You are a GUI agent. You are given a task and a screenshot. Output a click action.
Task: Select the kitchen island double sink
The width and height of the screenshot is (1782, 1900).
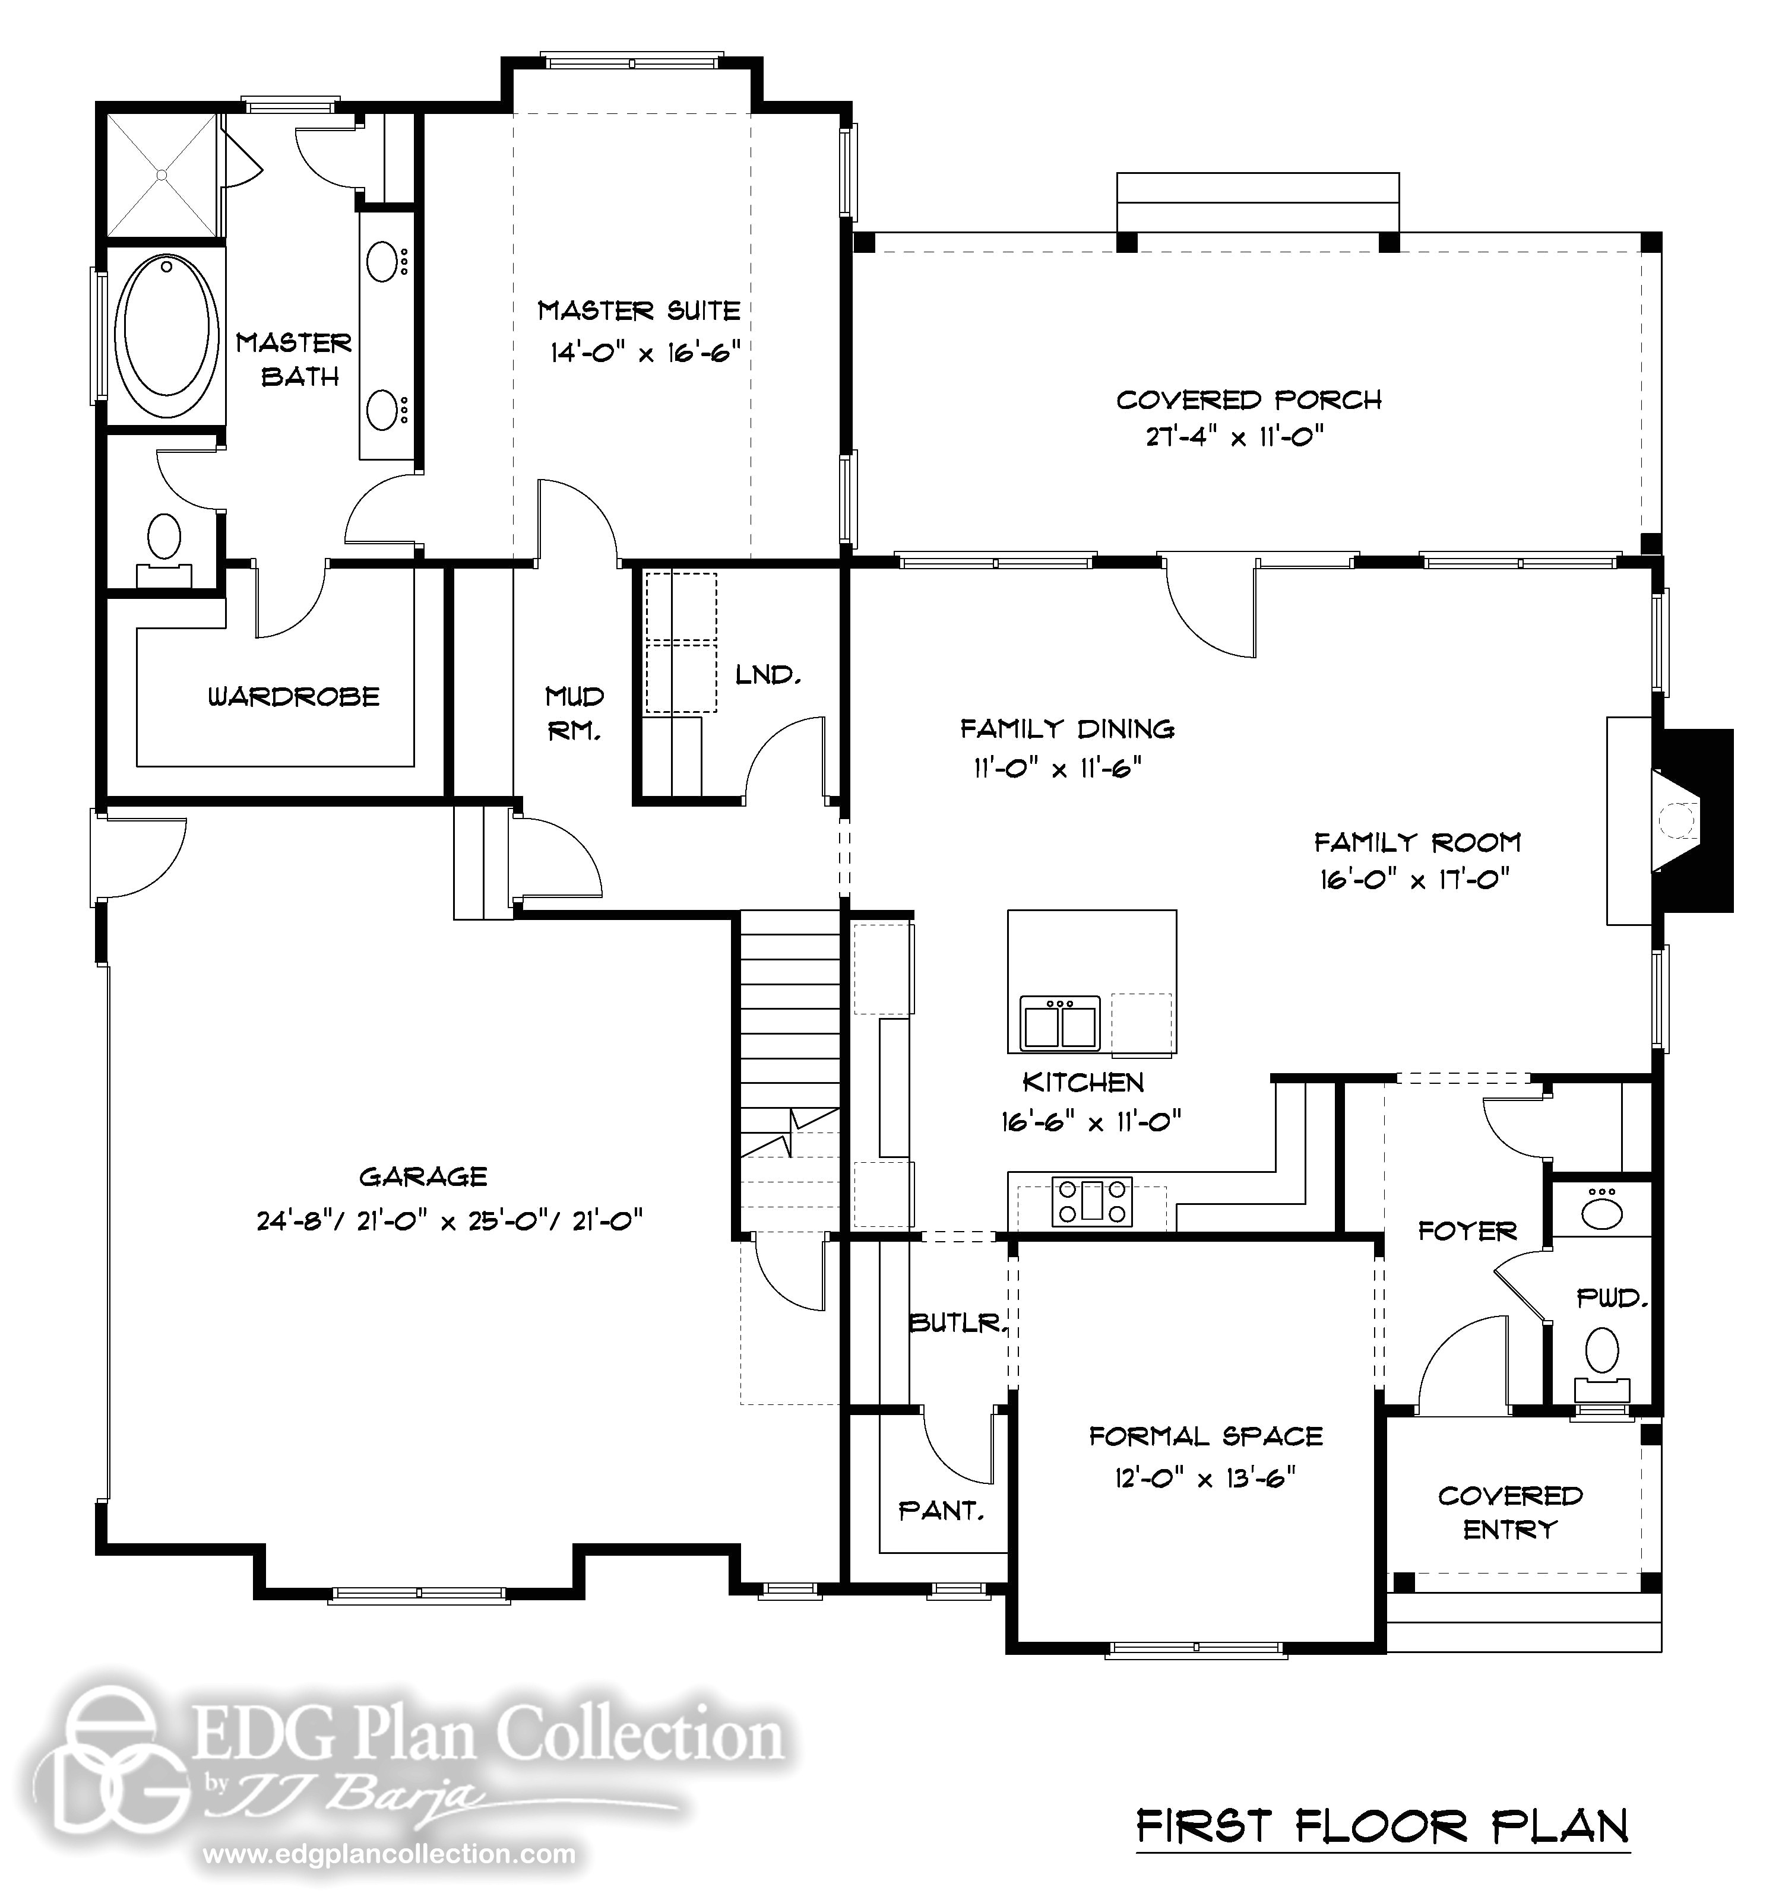pos(1060,1023)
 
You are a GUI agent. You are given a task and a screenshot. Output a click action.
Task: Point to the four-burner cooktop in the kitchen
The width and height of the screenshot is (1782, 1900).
pos(1092,1201)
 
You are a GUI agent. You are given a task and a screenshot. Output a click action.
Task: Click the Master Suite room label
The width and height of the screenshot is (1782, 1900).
pos(638,310)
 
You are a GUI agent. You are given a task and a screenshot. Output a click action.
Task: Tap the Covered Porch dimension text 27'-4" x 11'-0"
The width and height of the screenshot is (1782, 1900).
pos(1234,437)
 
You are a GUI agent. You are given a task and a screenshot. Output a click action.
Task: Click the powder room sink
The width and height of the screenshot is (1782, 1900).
pos(1601,1212)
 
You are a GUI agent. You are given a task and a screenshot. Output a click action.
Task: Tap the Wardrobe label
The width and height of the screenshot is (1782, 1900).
pos(293,697)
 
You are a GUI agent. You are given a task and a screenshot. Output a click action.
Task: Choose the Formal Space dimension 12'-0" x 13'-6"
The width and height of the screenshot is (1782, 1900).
pos(1205,1479)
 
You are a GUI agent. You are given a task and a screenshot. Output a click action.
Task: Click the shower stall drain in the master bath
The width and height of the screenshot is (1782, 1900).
pos(163,175)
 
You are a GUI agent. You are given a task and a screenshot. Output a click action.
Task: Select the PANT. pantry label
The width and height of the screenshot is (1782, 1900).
pos(941,1511)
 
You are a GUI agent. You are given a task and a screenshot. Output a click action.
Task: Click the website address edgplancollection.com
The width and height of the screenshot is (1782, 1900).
pos(390,1855)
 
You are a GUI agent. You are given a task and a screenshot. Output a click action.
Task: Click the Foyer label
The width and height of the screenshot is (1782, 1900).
pos(1467,1231)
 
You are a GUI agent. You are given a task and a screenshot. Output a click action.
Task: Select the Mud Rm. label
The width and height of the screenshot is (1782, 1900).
pos(575,713)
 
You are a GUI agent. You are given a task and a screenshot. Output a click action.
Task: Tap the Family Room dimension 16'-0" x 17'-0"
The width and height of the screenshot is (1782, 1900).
pos(1415,879)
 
